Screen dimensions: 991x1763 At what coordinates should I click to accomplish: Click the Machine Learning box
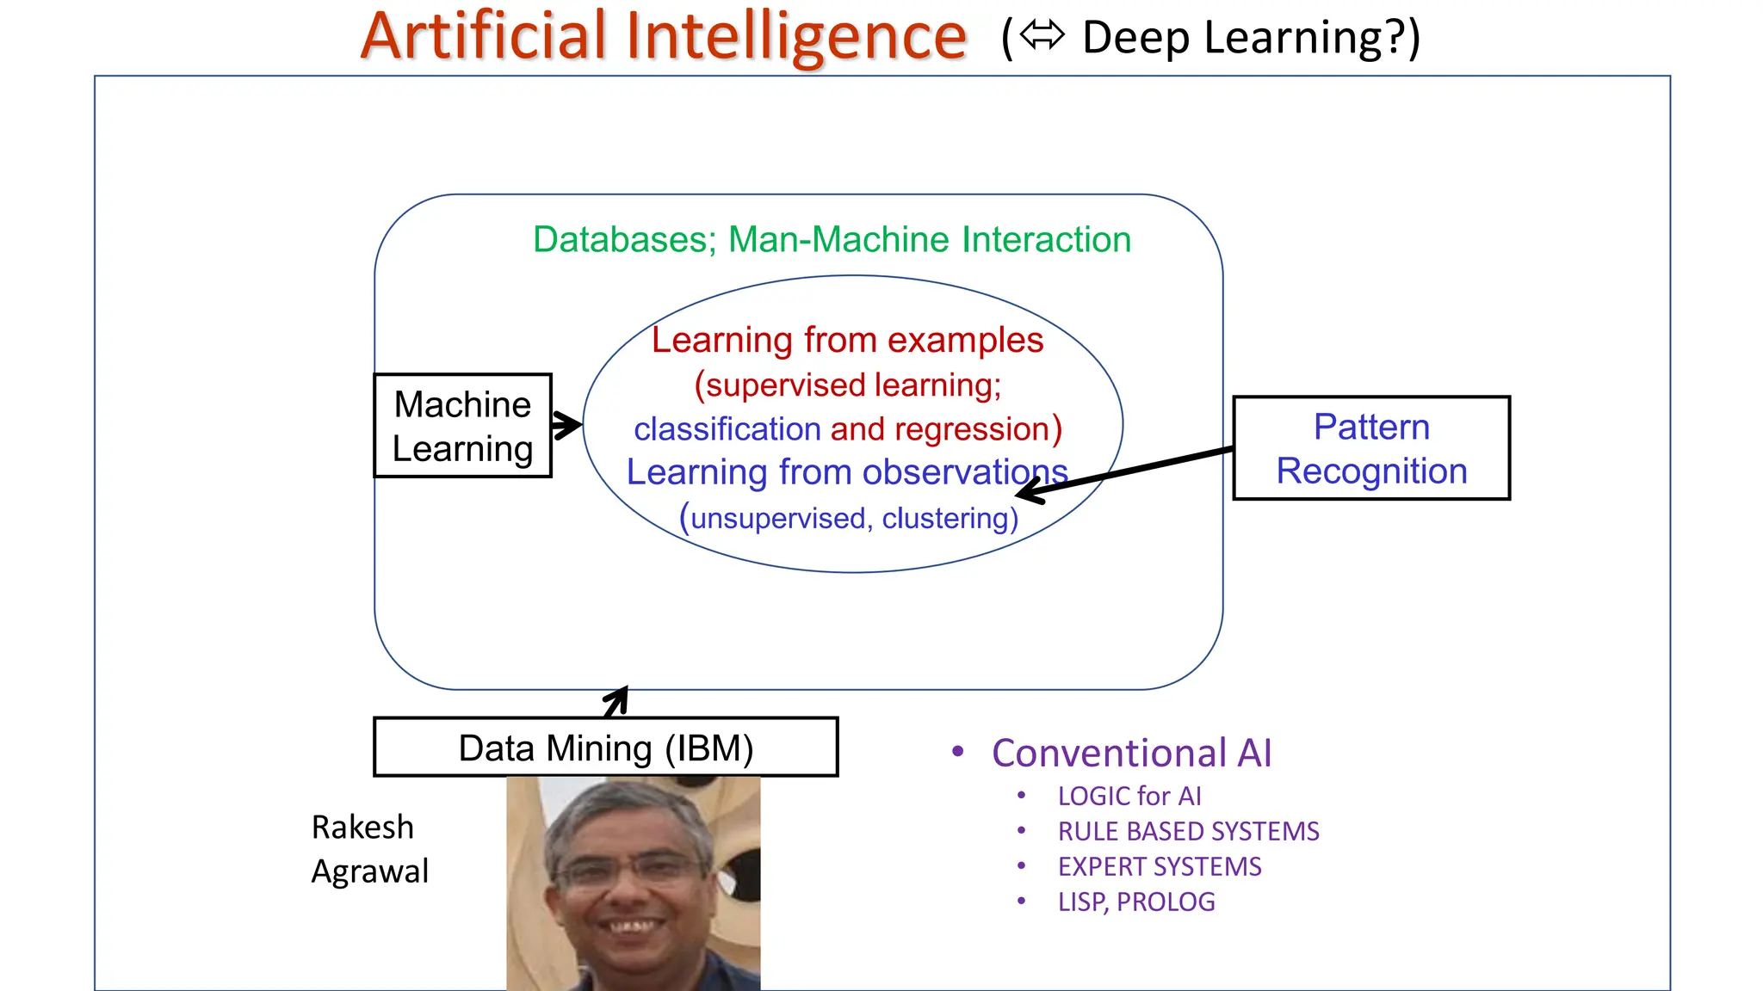[x=462, y=426]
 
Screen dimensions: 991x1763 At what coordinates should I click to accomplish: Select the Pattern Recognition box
[x=1370, y=448]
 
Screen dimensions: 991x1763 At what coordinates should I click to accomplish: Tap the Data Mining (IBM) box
[x=605, y=748]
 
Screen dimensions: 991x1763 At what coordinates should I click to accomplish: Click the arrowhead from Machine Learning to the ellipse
[x=569, y=425]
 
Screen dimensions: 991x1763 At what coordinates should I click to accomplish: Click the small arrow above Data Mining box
[x=617, y=701]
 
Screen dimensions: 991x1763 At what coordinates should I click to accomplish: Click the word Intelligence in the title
[x=796, y=37]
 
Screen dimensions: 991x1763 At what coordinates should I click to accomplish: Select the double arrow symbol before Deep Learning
[x=1042, y=36]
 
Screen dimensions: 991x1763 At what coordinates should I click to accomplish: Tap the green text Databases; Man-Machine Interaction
[x=832, y=239]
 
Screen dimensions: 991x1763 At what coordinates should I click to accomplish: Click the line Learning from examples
[x=847, y=340]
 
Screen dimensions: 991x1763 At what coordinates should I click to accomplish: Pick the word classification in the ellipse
[x=727, y=428]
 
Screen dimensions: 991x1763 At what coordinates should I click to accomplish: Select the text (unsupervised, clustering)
[x=849, y=518]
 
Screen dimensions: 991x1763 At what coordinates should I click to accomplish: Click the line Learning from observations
[x=847, y=472]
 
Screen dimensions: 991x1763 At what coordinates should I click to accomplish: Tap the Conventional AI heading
[x=1130, y=753]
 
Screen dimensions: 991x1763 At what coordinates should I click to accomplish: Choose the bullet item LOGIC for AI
[x=1129, y=797]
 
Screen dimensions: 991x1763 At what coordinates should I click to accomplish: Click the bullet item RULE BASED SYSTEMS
[x=1188, y=832]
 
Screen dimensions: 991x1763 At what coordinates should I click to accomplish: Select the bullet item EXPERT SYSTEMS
[x=1159, y=867]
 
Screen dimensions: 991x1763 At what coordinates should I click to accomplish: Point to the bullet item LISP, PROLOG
[x=1135, y=902]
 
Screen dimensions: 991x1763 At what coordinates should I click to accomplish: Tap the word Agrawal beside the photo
[x=369, y=871]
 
